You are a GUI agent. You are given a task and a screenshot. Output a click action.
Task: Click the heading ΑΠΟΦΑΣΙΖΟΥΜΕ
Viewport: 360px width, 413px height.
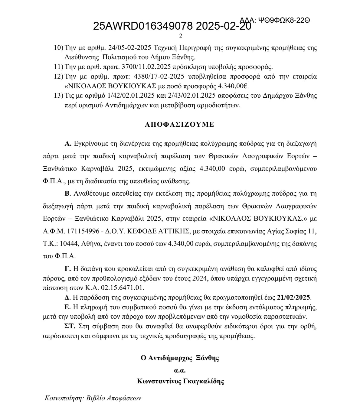pos(179,125)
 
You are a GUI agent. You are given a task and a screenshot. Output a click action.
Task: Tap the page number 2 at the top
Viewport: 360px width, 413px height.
pos(181,36)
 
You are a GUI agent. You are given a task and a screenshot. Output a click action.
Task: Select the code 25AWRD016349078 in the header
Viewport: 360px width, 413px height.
pos(143,26)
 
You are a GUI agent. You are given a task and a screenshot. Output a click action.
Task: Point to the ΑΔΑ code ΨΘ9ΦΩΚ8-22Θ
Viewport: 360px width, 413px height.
pos(284,21)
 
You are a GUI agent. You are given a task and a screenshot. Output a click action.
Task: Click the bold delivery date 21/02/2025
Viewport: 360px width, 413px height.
pos(293,297)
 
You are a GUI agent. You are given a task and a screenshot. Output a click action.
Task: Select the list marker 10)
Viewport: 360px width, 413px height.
pos(58,48)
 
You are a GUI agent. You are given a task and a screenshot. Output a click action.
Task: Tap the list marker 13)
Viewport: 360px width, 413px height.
pos(58,96)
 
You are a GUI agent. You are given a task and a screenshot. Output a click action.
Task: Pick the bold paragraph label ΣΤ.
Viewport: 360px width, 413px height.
pos(70,326)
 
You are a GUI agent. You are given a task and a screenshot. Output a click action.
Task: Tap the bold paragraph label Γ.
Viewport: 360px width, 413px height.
pos(67,268)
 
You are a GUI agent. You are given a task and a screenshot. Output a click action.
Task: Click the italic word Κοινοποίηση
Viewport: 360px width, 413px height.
pos(64,398)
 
